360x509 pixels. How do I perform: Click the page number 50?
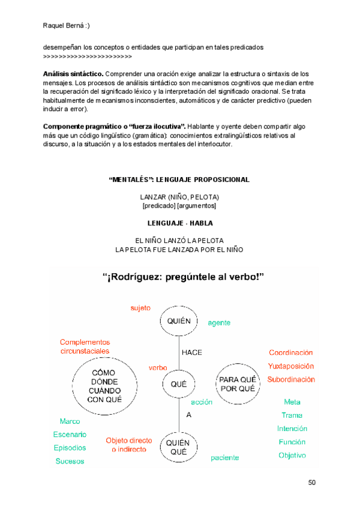point(312,483)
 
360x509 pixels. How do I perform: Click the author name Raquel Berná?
point(67,25)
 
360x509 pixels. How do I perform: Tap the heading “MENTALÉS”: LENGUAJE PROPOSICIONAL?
point(179,180)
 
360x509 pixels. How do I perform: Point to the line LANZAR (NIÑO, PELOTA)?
point(179,197)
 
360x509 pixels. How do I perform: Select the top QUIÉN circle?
point(179,322)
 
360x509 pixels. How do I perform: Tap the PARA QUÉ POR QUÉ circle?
point(238,384)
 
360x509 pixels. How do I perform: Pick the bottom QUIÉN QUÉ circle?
point(179,447)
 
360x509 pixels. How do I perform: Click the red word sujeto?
point(140,308)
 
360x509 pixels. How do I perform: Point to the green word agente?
point(219,323)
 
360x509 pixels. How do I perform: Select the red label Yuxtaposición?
point(291,366)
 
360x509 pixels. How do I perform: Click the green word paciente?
point(224,458)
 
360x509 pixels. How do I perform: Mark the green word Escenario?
point(70,435)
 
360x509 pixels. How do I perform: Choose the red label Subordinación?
point(291,379)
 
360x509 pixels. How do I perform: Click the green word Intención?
point(292,429)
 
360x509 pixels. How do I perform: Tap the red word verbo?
point(158,367)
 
